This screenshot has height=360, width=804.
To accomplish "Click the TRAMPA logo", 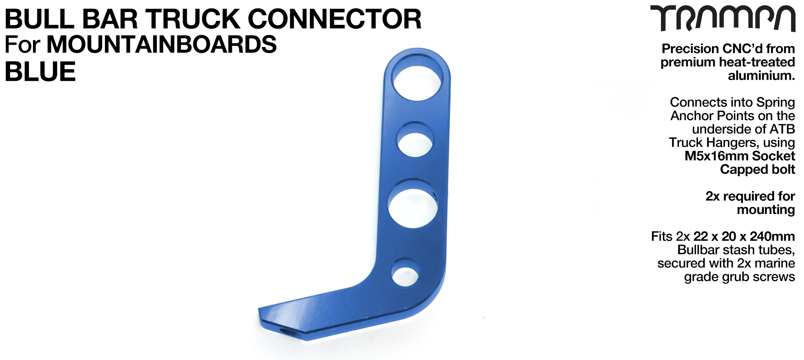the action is pyautogui.click(x=723, y=19).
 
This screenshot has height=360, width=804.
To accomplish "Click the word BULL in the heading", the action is pyautogui.click(x=39, y=19).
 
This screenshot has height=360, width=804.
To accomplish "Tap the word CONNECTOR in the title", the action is pyautogui.click(x=334, y=19).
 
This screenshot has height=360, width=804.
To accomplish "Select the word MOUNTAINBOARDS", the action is pyautogui.click(x=162, y=44).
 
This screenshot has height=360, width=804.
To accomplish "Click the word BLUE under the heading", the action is pyautogui.click(x=40, y=72).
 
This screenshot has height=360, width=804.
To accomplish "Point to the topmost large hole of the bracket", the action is pyautogui.click(x=418, y=78).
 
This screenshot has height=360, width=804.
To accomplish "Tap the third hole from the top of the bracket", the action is pyautogui.click(x=413, y=204).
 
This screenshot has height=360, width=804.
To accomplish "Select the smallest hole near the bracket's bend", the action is pyautogui.click(x=405, y=273).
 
